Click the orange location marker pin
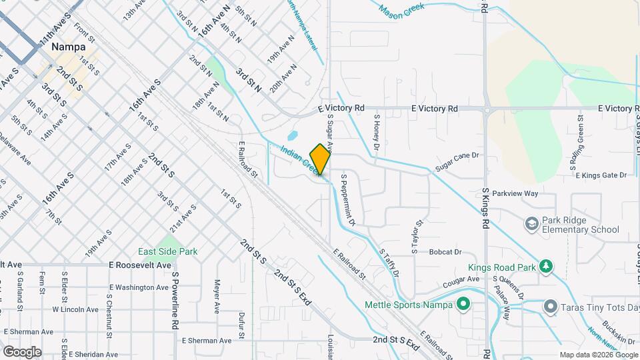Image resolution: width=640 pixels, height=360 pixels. coord(320,159)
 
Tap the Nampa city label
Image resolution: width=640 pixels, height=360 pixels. coord(68,48)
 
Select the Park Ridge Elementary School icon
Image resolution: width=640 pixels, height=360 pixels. coord(532,223)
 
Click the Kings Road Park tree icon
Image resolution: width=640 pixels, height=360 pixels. coord(546,267)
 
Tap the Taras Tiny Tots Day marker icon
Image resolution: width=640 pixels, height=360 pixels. coord(551,307)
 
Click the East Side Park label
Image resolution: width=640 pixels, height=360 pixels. coord(167,251)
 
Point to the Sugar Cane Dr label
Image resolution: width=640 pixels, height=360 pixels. coord(457,155)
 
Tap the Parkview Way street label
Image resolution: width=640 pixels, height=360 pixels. coord(512,193)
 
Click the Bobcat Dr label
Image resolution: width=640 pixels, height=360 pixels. coord(445,252)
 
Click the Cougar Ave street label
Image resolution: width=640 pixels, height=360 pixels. coord(461,282)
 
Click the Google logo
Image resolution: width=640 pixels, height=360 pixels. coord(22,351)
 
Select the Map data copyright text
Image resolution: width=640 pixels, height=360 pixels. coord(598,355)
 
